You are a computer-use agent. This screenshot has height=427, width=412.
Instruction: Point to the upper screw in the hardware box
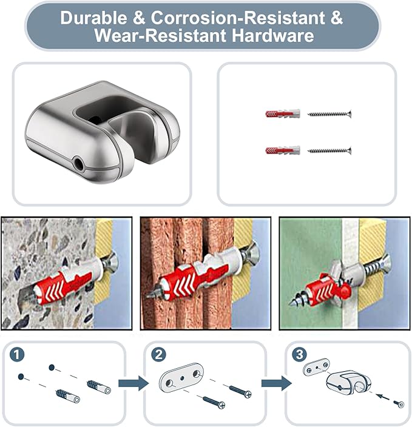pyautogui.click(x=329, y=114)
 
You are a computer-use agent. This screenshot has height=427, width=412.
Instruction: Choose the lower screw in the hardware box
pyautogui.click(x=329, y=150)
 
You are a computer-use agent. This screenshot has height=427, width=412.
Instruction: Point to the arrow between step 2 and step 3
pyautogui.click(x=274, y=383)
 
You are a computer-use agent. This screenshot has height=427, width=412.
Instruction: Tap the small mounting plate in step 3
pyautogui.click(x=316, y=366)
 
